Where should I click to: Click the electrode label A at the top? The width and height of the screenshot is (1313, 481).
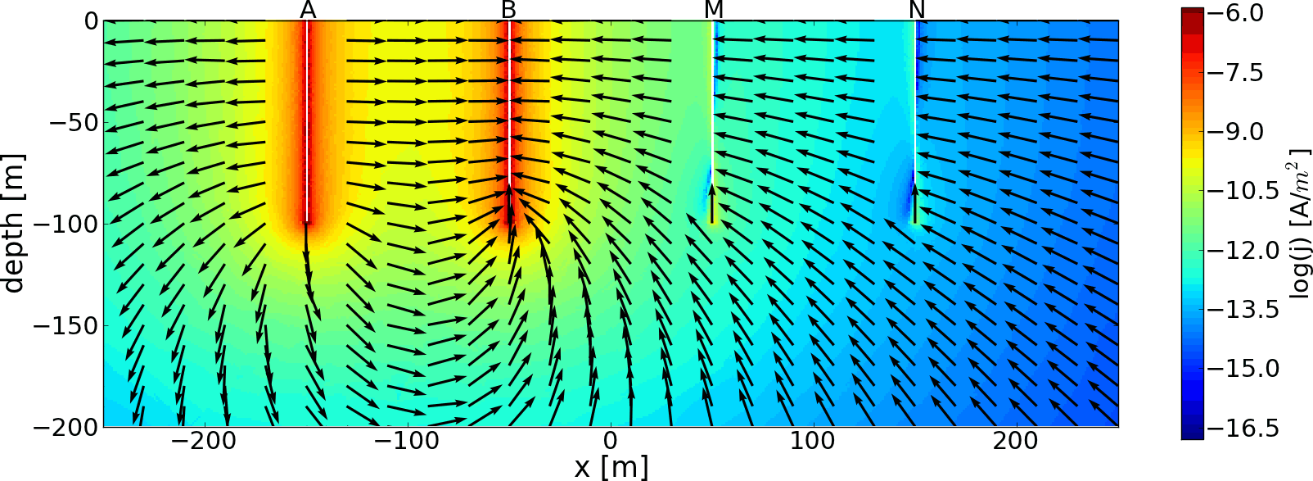click(308, 10)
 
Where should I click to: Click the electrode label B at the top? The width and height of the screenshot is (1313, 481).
click(509, 10)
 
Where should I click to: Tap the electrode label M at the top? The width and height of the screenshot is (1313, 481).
click(714, 10)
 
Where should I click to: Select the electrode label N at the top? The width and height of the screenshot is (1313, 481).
click(917, 10)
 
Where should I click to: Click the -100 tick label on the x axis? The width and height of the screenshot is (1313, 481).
click(407, 440)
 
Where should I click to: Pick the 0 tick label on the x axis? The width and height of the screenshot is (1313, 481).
click(611, 440)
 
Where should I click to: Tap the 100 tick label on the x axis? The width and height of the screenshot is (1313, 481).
click(813, 440)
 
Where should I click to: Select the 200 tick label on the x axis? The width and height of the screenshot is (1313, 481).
click(1016, 440)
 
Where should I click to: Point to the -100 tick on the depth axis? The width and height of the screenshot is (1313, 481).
click(67, 224)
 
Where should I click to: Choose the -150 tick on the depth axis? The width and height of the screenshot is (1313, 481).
click(67, 325)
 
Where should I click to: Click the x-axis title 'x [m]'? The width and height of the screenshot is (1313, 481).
click(611, 467)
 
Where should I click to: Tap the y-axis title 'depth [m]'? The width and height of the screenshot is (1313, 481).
click(14, 223)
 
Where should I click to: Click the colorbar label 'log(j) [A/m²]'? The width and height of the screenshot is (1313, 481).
click(1300, 223)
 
